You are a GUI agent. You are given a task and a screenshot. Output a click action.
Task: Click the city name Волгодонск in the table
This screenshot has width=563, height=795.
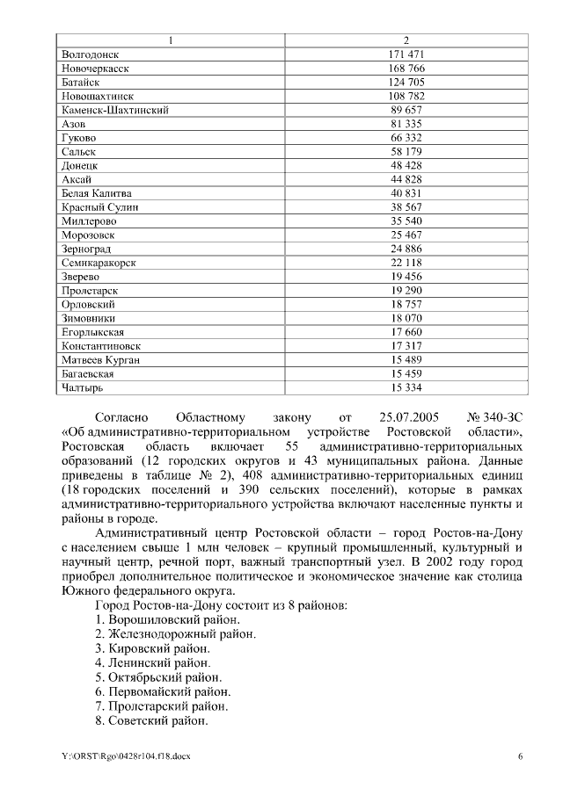click(x=91, y=54)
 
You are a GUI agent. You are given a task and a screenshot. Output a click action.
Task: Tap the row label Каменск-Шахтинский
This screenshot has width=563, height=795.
click(x=115, y=111)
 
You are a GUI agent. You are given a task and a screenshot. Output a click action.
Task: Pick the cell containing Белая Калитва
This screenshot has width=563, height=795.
click(x=97, y=193)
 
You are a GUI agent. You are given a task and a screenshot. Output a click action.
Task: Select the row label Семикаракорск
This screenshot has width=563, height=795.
click(x=102, y=263)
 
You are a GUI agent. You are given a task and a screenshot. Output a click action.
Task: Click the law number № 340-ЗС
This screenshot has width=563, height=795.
click(x=498, y=418)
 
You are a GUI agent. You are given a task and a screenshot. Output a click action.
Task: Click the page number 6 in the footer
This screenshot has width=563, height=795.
click(x=520, y=755)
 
